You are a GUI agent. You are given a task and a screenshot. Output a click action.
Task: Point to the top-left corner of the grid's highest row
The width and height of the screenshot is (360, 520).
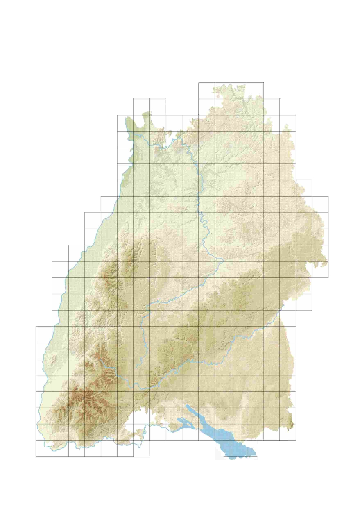(x=199, y=83)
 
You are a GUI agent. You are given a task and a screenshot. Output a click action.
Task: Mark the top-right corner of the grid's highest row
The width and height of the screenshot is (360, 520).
(x=263, y=83)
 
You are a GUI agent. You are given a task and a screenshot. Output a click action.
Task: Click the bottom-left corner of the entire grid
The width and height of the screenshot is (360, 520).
(x=36, y=456)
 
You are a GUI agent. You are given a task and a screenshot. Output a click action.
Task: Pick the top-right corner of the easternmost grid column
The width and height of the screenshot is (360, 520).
(x=328, y=197)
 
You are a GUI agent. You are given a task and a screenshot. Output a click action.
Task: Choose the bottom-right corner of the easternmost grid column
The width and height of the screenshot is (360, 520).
(x=328, y=277)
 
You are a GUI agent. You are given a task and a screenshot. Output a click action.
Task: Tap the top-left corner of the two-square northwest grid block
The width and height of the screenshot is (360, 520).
(x=134, y=99)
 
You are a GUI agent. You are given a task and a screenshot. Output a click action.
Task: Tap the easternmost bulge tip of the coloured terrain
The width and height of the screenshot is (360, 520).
(x=327, y=262)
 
